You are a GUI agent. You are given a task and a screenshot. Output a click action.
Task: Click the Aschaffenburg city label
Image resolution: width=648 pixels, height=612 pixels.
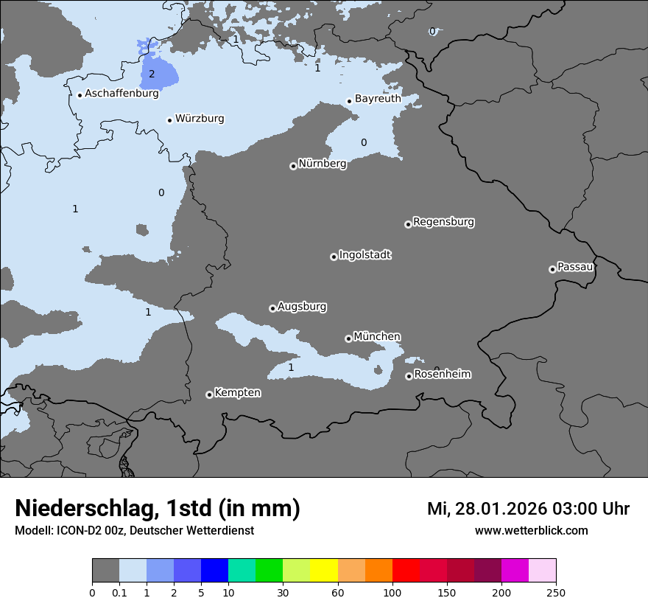(x=121, y=94)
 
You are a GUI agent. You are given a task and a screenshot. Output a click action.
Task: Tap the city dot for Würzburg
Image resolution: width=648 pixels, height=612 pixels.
(x=169, y=120)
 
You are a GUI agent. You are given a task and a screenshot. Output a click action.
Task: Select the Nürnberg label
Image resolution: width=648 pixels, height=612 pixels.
(x=322, y=164)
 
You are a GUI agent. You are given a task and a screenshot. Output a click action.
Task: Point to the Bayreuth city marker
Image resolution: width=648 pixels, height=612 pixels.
(x=349, y=102)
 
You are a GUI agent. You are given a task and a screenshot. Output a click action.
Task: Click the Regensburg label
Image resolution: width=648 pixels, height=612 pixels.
(x=443, y=222)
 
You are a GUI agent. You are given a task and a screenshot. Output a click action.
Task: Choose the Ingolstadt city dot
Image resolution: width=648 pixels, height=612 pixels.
(x=334, y=257)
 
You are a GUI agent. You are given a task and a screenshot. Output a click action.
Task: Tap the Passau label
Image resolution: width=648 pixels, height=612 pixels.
(x=575, y=267)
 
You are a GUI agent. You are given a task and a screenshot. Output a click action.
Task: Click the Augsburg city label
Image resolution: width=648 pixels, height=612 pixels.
(x=302, y=307)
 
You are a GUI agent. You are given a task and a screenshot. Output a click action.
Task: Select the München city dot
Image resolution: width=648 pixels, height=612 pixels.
(x=348, y=338)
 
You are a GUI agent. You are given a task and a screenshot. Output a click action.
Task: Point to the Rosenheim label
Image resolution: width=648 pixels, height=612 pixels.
(x=442, y=375)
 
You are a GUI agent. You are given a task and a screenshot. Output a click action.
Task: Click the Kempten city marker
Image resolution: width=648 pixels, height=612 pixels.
(x=209, y=394)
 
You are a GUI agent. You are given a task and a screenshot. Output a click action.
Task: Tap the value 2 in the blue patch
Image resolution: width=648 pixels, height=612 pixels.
(x=152, y=74)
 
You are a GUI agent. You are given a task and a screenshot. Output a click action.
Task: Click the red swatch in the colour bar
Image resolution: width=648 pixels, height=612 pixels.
(x=406, y=570)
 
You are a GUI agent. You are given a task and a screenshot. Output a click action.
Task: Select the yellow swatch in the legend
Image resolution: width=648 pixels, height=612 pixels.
(x=324, y=570)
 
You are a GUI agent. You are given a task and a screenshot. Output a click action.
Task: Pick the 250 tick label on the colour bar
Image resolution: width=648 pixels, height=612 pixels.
(x=555, y=593)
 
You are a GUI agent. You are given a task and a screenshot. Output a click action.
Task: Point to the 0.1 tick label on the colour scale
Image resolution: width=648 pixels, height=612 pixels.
(x=119, y=593)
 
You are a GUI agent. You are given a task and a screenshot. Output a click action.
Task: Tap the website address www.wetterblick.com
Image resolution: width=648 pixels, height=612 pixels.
(x=531, y=530)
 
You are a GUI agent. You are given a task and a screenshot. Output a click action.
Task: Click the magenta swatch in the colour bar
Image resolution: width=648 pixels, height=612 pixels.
(x=515, y=570)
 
